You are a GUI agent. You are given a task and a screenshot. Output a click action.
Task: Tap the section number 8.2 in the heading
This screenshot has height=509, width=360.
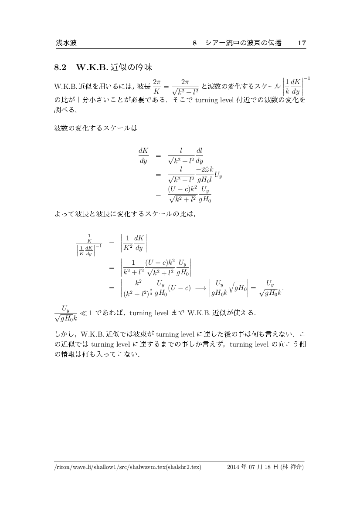(x=60, y=68)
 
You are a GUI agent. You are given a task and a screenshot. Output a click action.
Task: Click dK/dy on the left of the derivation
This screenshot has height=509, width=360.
(x=143, y=155)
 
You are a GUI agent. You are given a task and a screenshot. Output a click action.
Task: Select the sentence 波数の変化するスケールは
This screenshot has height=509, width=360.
(x=95, y=129)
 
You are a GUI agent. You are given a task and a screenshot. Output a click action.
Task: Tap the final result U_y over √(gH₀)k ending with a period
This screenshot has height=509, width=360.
(x=270, y=290)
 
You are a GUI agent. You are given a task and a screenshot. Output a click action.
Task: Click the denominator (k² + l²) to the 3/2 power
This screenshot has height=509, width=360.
(x=137, y=294)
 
